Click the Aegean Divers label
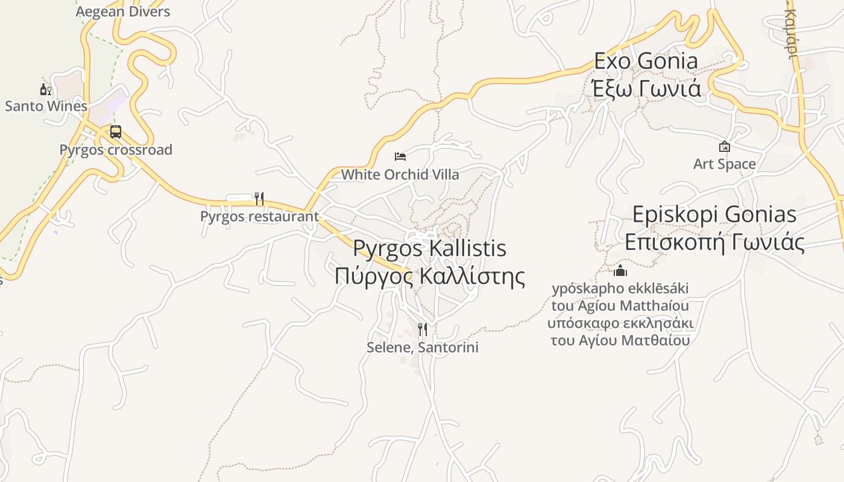tap(123, 11)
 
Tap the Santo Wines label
tap(46, 106)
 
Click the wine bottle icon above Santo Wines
tap(45, 90)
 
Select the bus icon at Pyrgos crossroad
tap(115, 132)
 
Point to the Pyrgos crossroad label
tap(116, 149)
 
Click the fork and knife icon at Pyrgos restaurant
tap(259, 198)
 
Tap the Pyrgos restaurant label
tap(259, 216)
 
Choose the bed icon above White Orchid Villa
tap(400, 157)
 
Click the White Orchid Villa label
tap(400, 175)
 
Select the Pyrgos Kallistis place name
tap(429, 248)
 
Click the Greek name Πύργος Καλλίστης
tap(429, 276)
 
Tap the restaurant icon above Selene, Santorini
tap(423, 330)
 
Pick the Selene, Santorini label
tap(423, 348)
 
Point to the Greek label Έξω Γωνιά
tap(646, 89)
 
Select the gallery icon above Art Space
tap(724, 146)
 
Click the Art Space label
tap(724, 164)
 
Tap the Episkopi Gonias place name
tap(714, 214)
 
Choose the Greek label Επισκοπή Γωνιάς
tap(714, 242)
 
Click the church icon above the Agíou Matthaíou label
tap(620, 271)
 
